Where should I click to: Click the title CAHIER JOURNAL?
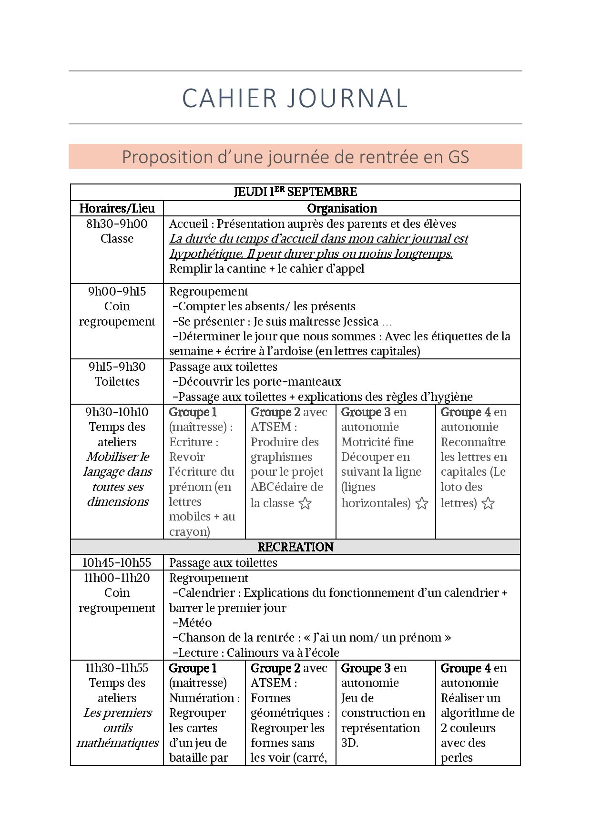[x=295, y=98]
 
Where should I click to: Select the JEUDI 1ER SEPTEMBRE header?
[x=295, y=192]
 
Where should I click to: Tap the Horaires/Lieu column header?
[x=117, y=208]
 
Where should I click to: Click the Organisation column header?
[x=342, y=208]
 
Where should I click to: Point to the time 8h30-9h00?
[x=117, y=224]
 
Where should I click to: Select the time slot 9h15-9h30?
[x=117, y=367]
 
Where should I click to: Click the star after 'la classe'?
[x=305, y=503]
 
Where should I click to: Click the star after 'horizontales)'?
[x=422, y=503]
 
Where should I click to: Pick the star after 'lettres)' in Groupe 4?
[x=488, y=503]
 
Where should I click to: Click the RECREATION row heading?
[x=295, y=547]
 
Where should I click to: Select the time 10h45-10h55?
[x=117, y=562]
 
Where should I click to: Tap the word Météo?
[x=195, y=622]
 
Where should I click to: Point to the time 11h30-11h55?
[x=117, y=668]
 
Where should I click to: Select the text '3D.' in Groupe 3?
[x=349, y=743]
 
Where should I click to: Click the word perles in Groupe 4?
[x=456, y=757]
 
